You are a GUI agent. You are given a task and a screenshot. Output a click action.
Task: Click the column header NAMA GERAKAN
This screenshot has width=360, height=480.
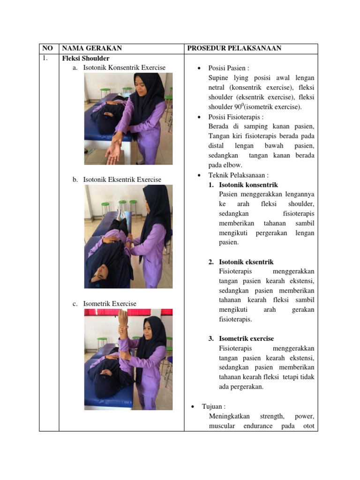pos(92,48)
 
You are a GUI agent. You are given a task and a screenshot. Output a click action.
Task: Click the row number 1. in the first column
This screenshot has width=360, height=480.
pos(45,58)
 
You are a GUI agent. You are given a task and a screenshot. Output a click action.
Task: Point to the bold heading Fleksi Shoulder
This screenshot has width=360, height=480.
pos(86,58)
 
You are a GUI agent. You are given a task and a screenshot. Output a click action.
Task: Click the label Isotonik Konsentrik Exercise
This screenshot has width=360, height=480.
pos(124,67)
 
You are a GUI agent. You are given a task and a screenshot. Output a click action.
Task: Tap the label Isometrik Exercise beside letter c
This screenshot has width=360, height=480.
pos(110,304)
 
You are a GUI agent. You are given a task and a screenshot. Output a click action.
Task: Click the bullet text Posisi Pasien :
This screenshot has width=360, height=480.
pos(229,68)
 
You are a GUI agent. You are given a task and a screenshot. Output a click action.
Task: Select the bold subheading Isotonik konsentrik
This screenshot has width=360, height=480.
pos(248,185)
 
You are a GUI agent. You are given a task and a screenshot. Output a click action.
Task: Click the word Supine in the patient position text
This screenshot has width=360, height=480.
pos(218,78)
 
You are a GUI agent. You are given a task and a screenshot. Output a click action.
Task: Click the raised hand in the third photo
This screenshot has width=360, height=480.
pos(123,320)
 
